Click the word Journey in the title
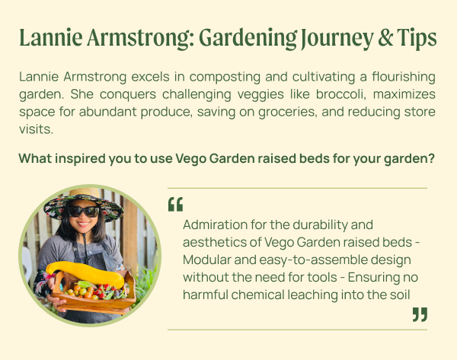(337, 38)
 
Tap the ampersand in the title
(385, 38)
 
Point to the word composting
(225, 78)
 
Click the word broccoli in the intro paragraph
(340, 94)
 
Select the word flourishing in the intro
(404, 77)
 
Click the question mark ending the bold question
(432, 158)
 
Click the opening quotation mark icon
(175, 204)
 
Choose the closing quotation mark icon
(420, 314)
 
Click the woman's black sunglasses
(83, 212)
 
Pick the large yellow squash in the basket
(85, 274)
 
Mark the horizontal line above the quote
(297, 188)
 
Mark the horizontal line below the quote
(297, 330)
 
